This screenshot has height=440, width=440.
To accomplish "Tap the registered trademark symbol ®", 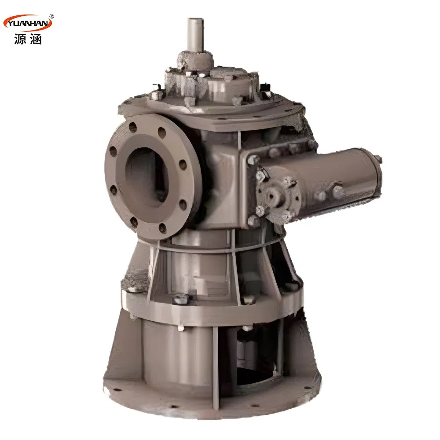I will click(51, 16).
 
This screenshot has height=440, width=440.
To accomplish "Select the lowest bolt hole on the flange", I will click(162, 228).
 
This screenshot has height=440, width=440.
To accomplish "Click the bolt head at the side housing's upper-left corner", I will click(253, 159).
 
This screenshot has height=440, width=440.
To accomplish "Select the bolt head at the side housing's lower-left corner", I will click(254, 220).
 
